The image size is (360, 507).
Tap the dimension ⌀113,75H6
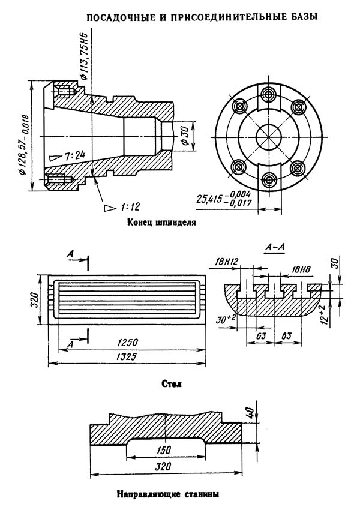coord(84,56)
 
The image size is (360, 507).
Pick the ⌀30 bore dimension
coord(185,137)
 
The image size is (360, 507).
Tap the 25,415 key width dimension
coord(224,197)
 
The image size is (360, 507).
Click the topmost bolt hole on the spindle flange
coord(268,94)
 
